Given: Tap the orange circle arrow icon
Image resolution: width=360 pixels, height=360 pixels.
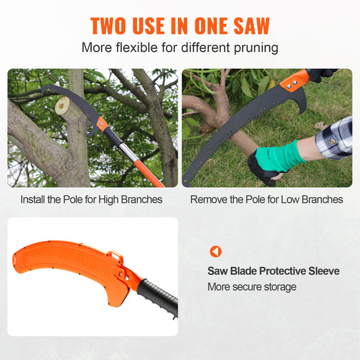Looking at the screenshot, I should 215,251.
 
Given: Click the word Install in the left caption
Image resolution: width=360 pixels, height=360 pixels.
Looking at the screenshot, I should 34,200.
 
